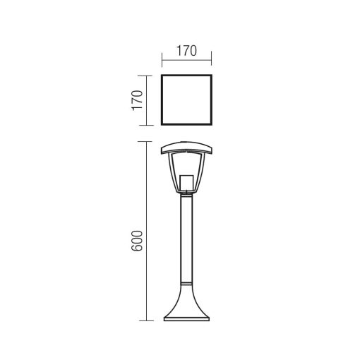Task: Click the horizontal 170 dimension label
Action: [186, 51]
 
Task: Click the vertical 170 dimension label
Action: [138, 100]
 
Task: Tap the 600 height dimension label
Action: [138, 241]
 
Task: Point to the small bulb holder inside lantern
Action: [186, 183]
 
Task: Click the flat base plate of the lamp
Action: [186, 319]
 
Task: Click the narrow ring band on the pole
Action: [186, 283]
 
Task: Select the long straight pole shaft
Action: [186, 238]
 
